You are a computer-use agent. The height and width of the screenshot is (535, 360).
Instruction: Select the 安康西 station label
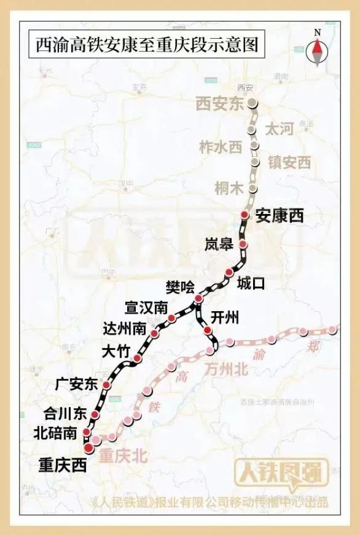point(280,216)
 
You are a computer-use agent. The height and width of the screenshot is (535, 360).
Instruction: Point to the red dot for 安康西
point(244,215)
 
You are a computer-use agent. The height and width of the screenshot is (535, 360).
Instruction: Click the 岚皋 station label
point(219,245)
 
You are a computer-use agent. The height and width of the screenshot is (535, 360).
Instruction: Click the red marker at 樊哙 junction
point(198,298)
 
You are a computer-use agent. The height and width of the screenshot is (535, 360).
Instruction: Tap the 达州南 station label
point(124,329)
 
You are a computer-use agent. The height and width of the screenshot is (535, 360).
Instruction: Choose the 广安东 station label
point(76,384)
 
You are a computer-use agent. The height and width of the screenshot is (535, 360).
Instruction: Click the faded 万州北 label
point(226,368)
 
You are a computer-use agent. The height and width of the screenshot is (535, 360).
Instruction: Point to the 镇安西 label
point(289,163)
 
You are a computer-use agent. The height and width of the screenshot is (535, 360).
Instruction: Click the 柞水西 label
point(220,147)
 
